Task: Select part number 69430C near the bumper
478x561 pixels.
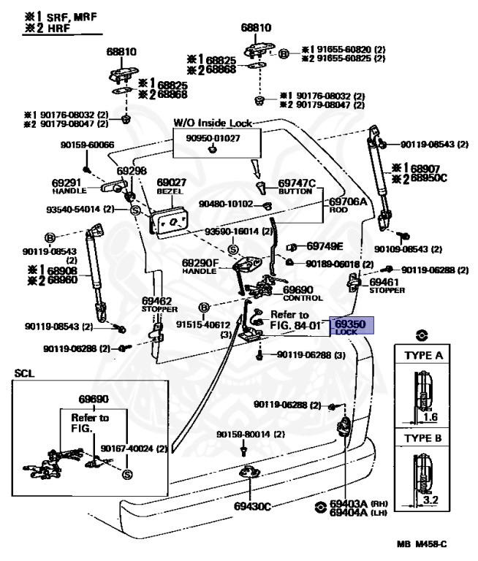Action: (252, 505)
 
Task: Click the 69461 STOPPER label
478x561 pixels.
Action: (383, 284)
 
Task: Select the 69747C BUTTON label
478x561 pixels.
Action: (296, 186)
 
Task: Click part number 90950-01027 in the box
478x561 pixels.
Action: (212, 137)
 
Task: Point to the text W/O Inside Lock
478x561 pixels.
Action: (212, 123)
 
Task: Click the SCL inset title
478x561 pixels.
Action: (23, 373)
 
